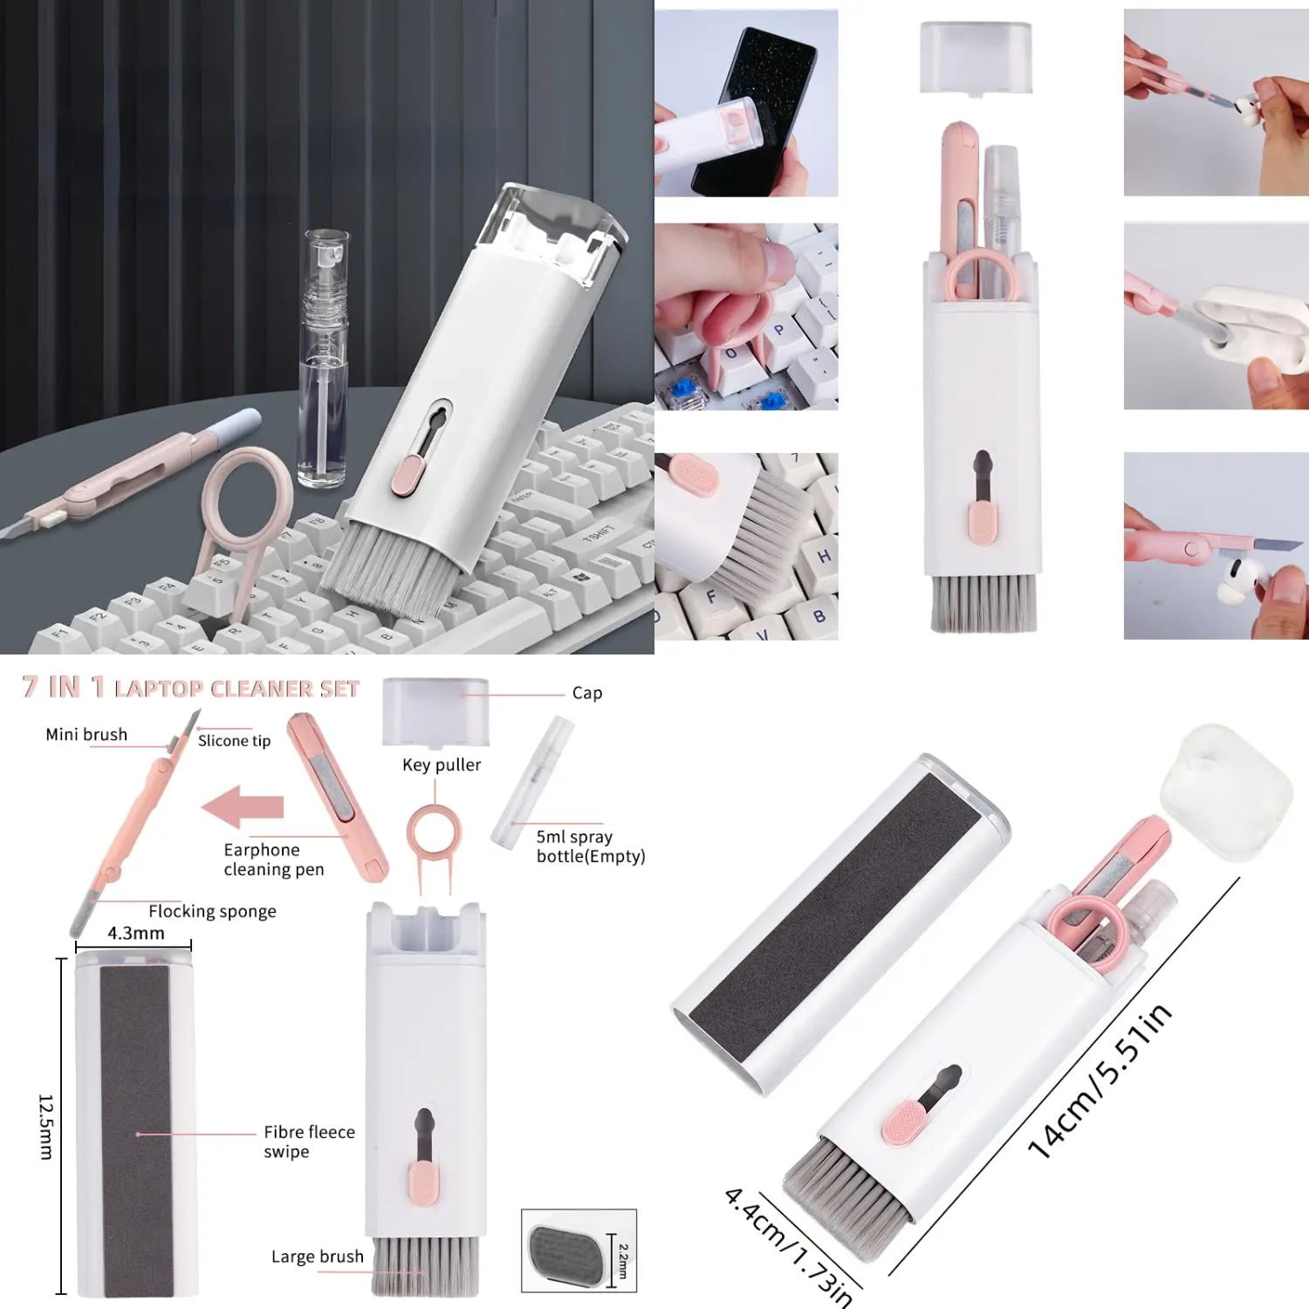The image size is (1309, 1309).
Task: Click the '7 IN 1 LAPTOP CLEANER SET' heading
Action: (x=190, y=688)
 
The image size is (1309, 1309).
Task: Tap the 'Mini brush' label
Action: (x=86, y=735)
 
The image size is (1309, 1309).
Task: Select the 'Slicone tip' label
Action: (x=234, y=741)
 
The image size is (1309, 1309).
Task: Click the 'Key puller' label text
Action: (x=442, y=765)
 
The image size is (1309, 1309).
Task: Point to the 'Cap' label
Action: (x=587, y=693)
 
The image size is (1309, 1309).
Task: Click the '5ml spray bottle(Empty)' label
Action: (x=590, y=846)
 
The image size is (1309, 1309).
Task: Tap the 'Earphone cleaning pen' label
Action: (x=273, y=860)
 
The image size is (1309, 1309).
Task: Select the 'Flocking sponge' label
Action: (x=212, y=911)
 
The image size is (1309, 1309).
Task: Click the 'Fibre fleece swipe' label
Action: (x=309, y=1141)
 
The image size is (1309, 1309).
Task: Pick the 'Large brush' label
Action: (x=317, y=1257)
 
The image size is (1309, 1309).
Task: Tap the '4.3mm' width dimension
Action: (x=135, y=934)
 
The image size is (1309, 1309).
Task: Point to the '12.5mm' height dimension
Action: (x=45, y=1127)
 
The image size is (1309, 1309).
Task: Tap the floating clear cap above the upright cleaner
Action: (x=977, y=57)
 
